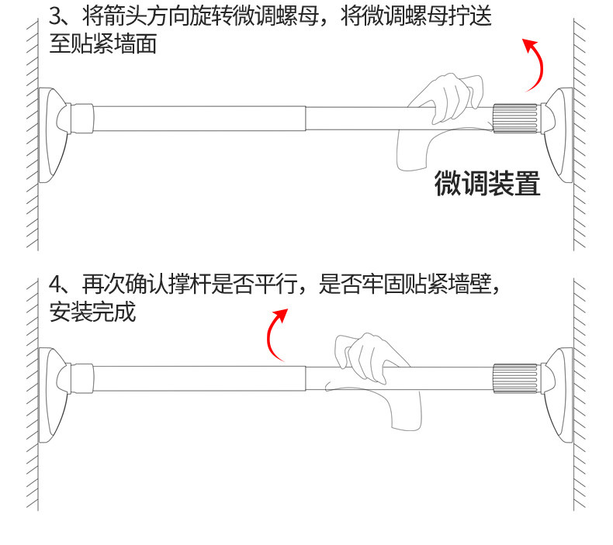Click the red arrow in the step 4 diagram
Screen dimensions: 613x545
275,333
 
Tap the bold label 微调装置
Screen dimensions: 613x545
487,185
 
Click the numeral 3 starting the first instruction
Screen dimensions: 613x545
54,16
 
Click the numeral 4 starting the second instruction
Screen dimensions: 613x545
54,285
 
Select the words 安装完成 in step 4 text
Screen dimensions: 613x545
92,312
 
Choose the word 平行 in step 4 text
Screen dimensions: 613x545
282,285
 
